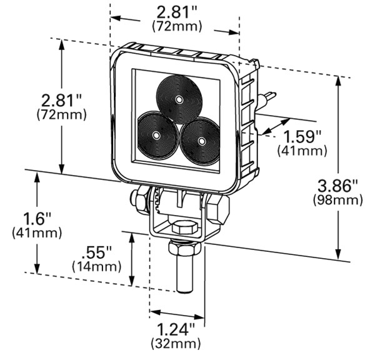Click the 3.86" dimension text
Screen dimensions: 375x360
[337, 186]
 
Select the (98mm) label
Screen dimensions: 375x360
[337, 201]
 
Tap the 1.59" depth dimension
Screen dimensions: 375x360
[302, 137]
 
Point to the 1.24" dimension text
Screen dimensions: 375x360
[176, 330]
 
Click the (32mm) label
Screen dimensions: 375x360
[176, 344]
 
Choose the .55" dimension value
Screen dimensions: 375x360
[96, 253]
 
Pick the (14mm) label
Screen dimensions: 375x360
[97, 267]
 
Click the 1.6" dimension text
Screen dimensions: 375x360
[37, 219]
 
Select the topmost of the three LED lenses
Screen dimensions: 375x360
[179, 99]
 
